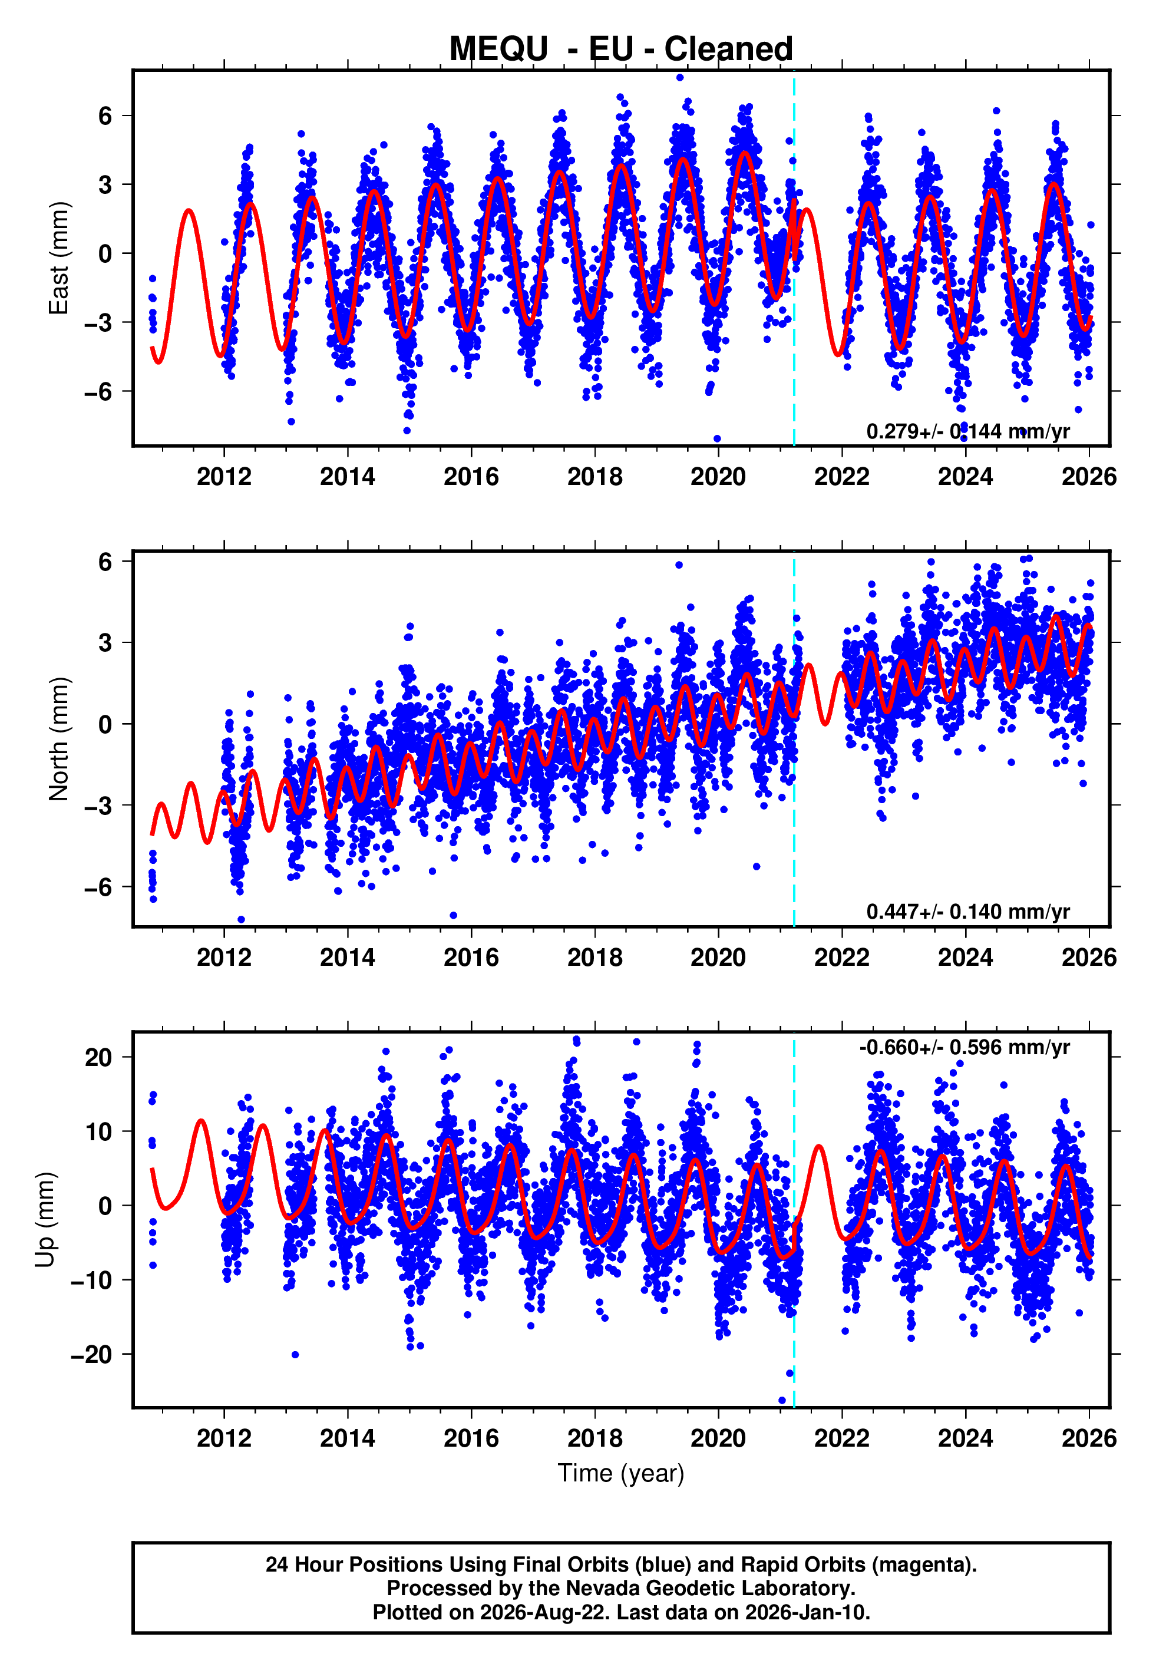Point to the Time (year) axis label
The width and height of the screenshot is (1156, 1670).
point(621,1474)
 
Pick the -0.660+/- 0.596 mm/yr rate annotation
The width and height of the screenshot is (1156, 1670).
point(964,1047)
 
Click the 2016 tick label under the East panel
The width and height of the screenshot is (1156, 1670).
point(471,477)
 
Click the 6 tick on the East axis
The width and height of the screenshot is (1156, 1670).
point(105,116)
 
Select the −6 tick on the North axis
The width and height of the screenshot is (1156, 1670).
point(98,886)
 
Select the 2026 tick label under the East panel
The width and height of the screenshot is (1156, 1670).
point(1089,477)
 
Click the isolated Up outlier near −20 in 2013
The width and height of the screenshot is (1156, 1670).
point(295,1355)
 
